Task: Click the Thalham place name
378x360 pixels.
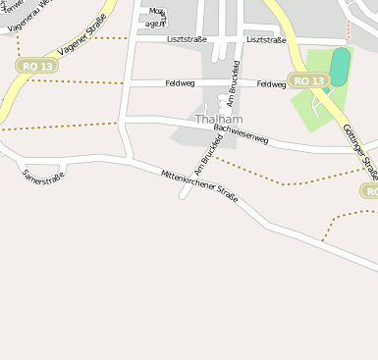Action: pos(217,120)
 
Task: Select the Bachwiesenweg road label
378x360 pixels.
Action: pos(241,134)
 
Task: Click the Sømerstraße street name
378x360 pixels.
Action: pos(42,178)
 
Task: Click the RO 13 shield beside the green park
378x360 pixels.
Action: pos(308,80)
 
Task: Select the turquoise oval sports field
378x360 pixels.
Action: pos(339,67)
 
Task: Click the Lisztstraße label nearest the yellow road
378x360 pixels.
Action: pos(267,39)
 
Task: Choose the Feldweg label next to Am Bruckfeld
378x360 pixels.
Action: pos(180,84)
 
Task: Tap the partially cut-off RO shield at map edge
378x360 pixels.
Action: pos(370,191)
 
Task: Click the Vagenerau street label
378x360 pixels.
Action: pos(27,18)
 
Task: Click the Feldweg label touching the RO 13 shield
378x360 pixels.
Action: pos(270,84)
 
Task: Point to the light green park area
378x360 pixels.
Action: pos(316,108)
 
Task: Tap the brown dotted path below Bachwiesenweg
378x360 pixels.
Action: pos(285,181)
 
